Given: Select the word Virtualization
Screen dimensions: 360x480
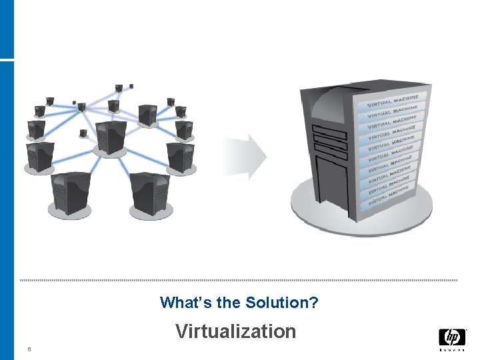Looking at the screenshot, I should tap(236, 331).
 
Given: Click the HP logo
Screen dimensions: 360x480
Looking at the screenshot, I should tap(453, 337).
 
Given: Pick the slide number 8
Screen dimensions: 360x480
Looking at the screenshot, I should tap(29, 348).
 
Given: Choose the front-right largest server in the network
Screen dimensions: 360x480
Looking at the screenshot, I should tap(148, 193).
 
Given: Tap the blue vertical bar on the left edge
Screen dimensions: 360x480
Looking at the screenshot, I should tap(7, 200).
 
